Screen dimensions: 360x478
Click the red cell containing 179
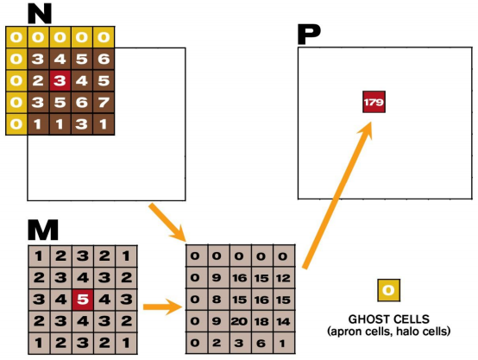click(x=374, y=101)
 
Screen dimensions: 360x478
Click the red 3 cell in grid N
click(x=60, y=81)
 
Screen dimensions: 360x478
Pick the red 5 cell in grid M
click(x=82, y=300)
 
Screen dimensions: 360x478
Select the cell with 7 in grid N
click(x=104, y=103)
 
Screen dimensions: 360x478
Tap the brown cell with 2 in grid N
click(x=38, y=81)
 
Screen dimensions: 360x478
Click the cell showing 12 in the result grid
click(x=283, y=277)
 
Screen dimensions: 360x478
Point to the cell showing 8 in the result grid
click(x=217, y=299)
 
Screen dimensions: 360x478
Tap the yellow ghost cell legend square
click(x=388, y=289)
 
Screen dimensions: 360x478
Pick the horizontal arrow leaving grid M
click(x=160, y=305)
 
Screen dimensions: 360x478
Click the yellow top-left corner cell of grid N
click(x=16, y=38)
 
